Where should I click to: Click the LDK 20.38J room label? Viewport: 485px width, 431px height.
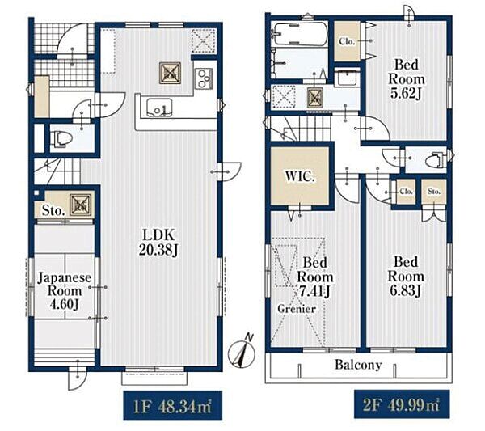(158, 243)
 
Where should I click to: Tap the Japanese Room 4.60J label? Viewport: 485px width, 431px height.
(64, 291)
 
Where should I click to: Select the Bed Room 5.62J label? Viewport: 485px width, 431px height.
(406, 79)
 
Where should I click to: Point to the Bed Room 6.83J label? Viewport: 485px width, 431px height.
(406, 277)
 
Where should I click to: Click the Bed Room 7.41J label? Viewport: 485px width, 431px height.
(315, 277)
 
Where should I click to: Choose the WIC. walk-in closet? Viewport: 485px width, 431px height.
(300, 175)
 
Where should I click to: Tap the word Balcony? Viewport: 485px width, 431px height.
(358, 365)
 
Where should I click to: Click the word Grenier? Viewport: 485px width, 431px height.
(297, 308)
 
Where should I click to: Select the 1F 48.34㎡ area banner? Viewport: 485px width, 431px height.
(173, 406)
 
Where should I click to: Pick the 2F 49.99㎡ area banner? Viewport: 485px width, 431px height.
(402, 404)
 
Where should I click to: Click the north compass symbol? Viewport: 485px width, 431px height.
(242, 352)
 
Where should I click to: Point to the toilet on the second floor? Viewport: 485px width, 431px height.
(436, 160)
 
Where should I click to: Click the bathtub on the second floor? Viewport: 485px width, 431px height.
(299, 33)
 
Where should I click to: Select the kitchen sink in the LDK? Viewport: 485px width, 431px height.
(159, 108)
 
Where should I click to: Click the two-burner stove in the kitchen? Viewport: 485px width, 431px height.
(204, 79)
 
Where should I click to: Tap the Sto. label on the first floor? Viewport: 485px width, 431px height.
(53, 211)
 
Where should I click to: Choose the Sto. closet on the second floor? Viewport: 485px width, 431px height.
(434, 192)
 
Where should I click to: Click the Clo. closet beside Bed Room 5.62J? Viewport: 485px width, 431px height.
(347, 41)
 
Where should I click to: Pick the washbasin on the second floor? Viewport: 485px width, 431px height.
(348, 78)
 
